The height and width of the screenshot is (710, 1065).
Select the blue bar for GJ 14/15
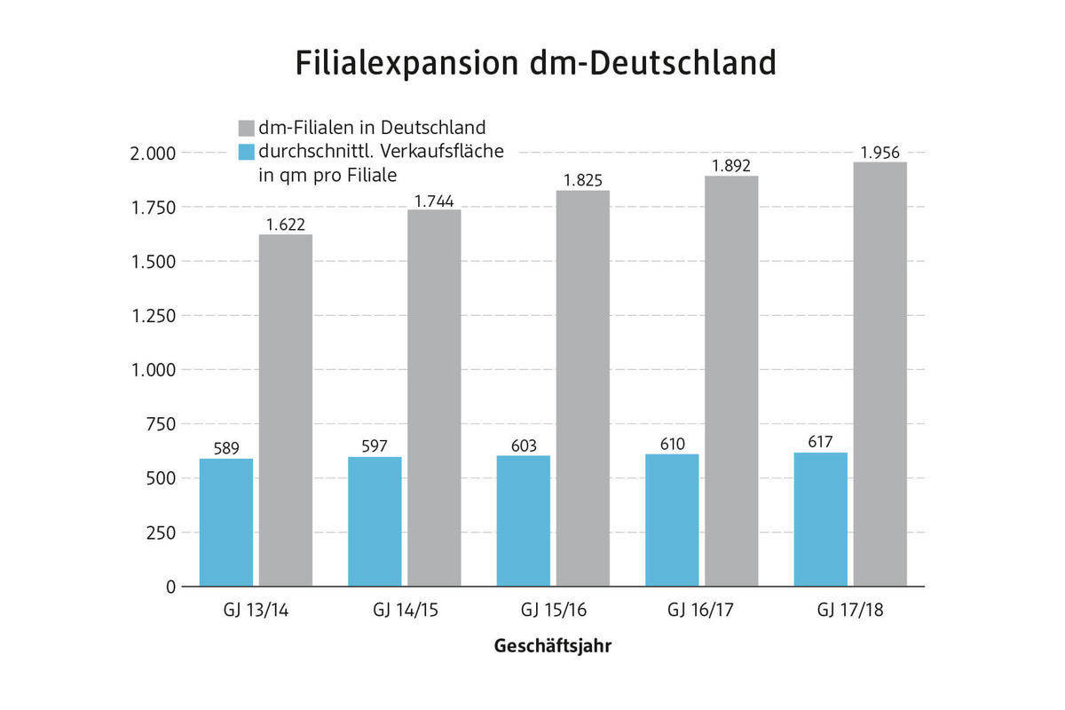pos(375,522)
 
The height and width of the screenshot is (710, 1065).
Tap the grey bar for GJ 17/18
pos(880,374)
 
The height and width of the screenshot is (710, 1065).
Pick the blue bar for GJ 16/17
pos(672,520)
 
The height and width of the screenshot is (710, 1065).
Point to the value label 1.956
pos(880,153)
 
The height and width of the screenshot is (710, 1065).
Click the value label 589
pos(225,449)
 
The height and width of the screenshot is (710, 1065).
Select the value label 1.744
pos(434,201)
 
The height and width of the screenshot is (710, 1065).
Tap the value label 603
pos(523,446)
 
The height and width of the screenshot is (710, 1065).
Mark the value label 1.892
pos(731,166)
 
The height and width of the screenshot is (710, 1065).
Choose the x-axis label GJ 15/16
pos(553,611)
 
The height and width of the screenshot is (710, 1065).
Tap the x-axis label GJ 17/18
pos(850,611)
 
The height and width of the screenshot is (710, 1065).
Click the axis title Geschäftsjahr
pos(552,646)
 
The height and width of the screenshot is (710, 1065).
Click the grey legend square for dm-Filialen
pos(246,127)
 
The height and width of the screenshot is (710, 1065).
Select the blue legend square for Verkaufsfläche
pos(246,151)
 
